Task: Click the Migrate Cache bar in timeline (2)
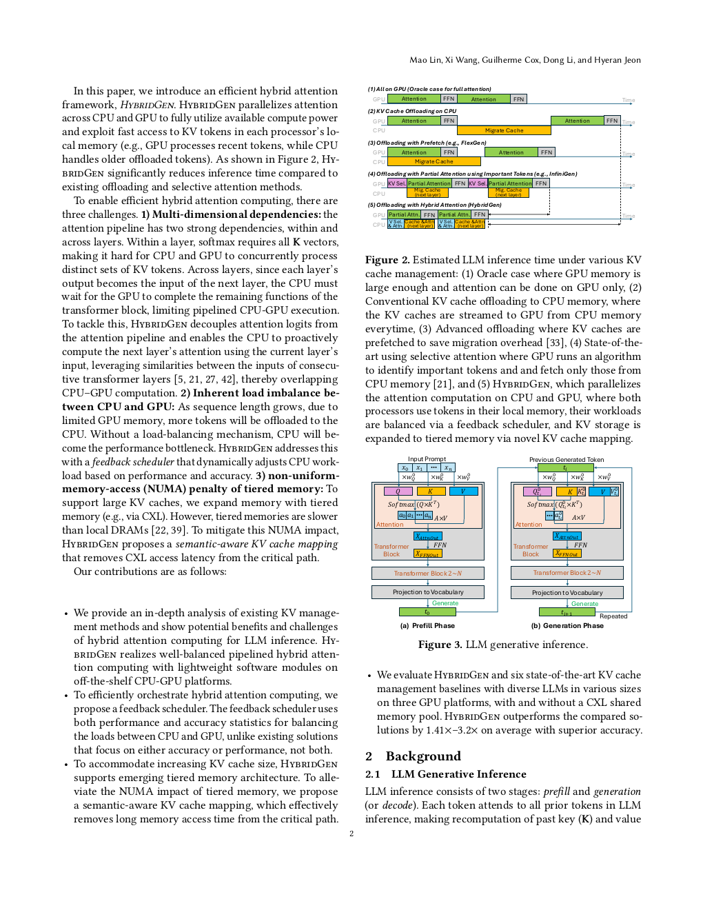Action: tap(504, 130)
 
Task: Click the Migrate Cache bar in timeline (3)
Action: tap(434, 161)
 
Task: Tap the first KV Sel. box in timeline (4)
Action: tap(396, 183)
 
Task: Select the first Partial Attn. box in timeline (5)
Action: tap(404, 214)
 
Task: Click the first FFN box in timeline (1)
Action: tap(449, 99)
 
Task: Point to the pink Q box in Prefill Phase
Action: tap(398, 492)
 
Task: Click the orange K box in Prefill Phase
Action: tap(430, 492)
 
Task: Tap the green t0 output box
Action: tap(427, 612)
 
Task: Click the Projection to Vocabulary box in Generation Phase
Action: tap(567, 592)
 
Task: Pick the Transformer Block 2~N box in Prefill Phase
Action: tap(427, 573)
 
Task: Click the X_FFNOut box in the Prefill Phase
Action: tap(427, 554)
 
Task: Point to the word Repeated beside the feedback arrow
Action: tap(613, 616)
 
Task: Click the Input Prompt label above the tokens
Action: tap(427, 459)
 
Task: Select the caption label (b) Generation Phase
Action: tap(567, 626)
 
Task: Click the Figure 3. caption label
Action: tap(440, 645)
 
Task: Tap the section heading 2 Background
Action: tap(413, 756)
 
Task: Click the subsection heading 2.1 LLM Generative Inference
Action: tap(445, 774)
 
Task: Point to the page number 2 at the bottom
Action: tap(351, 833)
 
